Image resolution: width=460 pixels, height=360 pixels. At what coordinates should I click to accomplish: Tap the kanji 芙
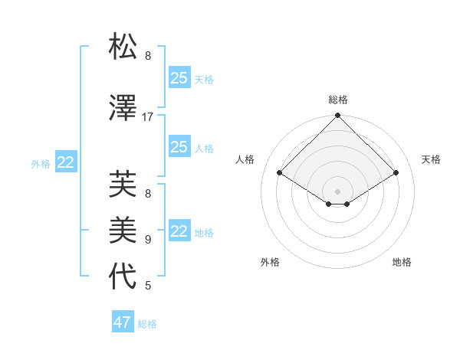[123, 184]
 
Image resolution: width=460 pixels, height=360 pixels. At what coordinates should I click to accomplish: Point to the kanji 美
[123, 228]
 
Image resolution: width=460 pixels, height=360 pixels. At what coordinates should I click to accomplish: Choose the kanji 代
[123, 276]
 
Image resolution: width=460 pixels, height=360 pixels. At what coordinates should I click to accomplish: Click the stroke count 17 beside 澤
[148, 117]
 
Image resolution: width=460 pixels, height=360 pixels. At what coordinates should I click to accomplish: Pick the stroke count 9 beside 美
[148, 240]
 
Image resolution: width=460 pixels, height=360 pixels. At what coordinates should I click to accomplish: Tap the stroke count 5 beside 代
[148, 286]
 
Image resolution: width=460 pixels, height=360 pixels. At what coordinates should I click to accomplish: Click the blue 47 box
[123, 322]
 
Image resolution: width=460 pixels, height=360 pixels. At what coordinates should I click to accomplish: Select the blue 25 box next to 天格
[179, 77]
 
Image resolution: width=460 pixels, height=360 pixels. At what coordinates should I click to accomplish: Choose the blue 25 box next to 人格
[179, 147]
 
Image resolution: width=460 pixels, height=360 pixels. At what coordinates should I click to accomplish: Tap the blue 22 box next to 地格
[179, 231]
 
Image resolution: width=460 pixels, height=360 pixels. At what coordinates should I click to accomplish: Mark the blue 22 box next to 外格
[66, 162]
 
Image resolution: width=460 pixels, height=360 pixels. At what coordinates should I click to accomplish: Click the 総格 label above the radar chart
[338, 100]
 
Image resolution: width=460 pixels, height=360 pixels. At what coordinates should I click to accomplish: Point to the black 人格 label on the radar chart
[245, 159]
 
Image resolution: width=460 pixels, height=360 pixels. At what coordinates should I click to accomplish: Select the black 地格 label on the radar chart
[402, 262]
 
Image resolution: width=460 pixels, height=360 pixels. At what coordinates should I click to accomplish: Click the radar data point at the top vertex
[337, 116]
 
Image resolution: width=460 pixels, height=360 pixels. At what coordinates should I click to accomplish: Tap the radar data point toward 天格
[396, 173]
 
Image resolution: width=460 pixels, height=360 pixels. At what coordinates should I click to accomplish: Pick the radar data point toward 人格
[279, 173]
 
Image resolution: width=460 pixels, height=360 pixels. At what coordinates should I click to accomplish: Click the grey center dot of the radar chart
[337, 190]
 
